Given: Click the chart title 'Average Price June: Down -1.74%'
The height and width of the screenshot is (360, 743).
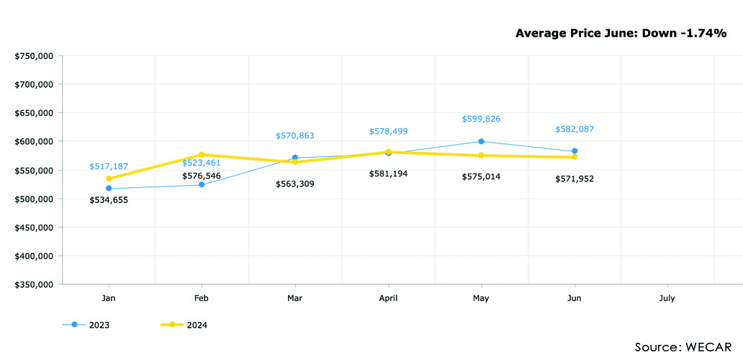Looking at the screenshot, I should point(621,33).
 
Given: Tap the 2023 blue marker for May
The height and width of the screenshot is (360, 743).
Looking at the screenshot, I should point(481,141).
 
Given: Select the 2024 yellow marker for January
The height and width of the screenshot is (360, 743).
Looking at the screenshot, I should point(109,179).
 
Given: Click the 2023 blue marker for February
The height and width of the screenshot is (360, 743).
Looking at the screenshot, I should point(202,185).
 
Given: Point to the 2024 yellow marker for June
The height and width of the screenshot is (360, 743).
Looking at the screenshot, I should point(575,157).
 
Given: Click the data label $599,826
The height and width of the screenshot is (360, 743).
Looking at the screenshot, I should point(481,119).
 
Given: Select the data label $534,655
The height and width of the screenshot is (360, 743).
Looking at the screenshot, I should point(109,199).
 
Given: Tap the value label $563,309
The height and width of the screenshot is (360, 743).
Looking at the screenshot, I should point(295,184).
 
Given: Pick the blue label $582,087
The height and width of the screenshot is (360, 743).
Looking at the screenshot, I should point(575,129).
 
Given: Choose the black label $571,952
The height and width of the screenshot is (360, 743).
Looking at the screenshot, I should point(575,179).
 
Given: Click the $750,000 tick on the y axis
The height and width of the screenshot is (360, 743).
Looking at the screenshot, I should point(34,55).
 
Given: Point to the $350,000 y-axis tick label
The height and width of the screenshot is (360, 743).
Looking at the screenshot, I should point(34,284).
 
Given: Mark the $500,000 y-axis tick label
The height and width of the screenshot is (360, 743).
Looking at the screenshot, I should point(34,199).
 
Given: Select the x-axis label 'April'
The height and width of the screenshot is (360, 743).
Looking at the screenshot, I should point(388,297).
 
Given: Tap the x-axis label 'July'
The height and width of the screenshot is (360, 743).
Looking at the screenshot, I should point(667,297).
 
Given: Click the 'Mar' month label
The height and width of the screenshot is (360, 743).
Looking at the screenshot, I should point(295,297).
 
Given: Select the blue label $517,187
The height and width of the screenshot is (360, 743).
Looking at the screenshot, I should point(109,166).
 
